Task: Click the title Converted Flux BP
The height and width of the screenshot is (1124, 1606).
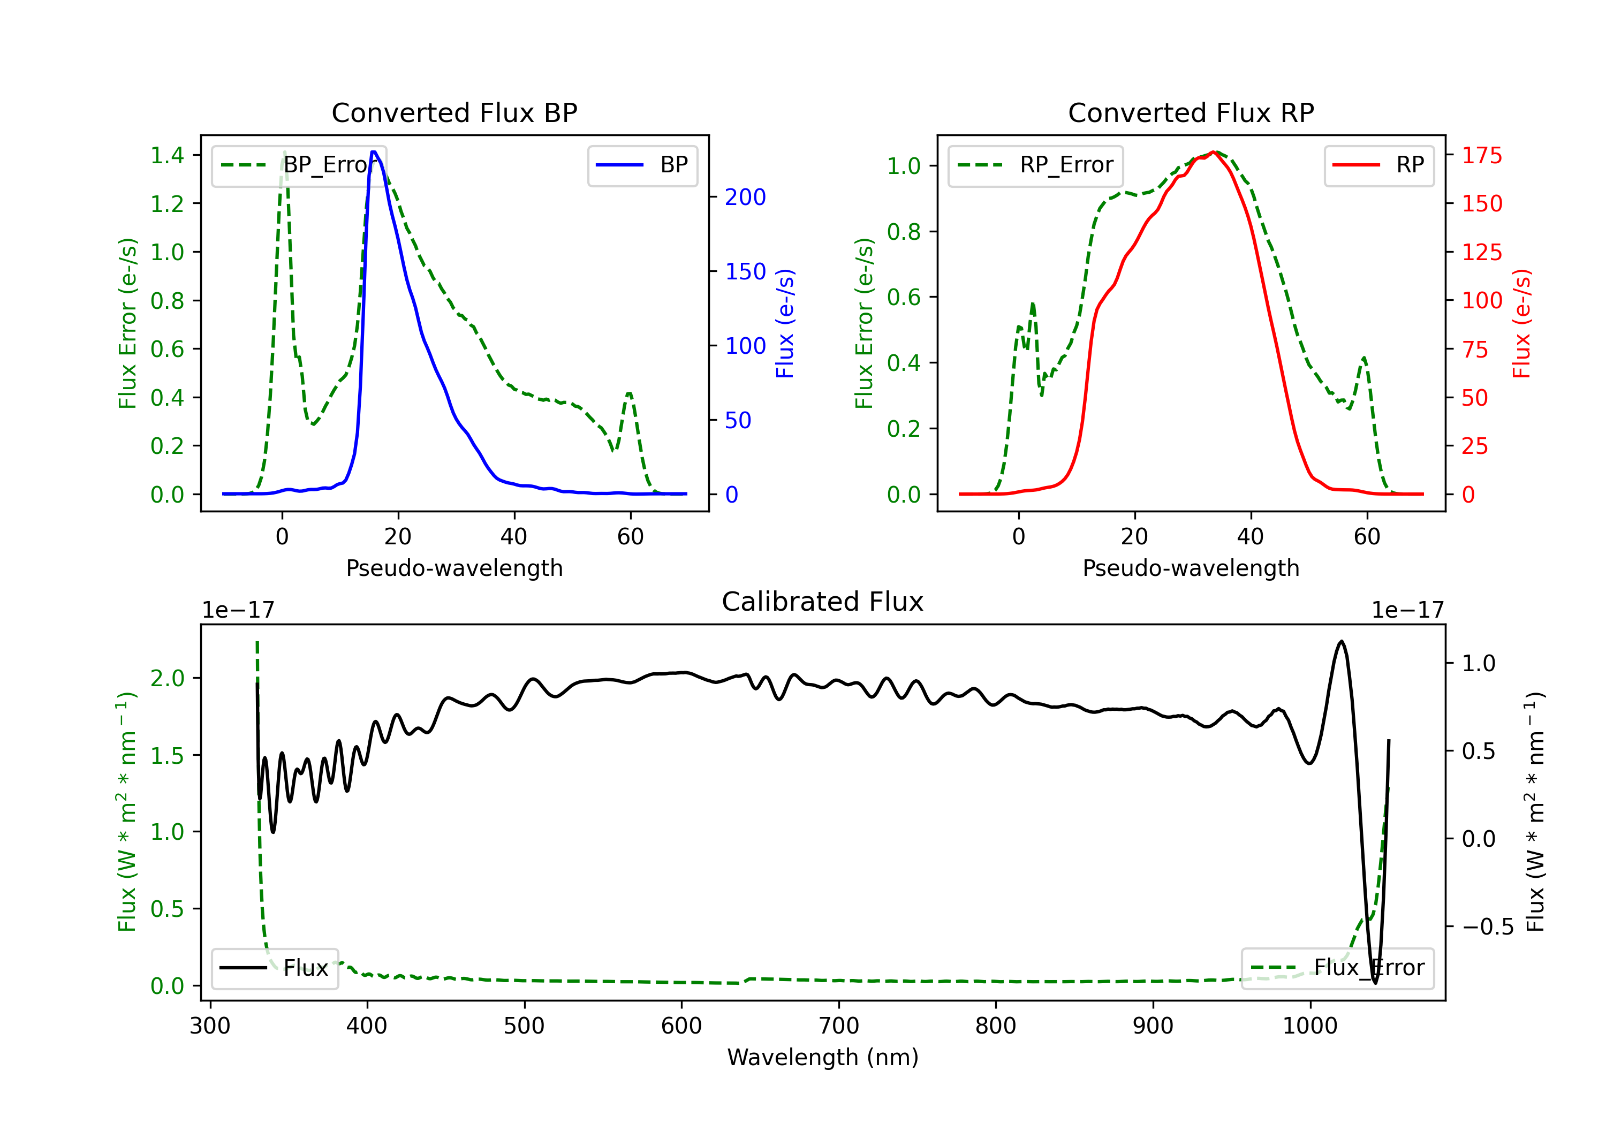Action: point(454,112)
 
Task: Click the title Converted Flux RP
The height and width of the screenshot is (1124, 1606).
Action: point(1191,112)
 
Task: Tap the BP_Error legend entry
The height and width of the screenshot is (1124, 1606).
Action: point(299,165)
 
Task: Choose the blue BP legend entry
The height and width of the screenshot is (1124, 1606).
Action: point(642,165)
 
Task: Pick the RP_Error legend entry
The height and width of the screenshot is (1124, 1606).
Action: point(1035,165)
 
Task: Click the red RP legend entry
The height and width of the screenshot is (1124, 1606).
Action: point(1378,165)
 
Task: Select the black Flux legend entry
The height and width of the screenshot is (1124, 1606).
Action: point(274,968)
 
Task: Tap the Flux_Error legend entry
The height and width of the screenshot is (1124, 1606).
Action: point(1337,968)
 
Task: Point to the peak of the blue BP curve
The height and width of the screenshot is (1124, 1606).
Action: point(374,152)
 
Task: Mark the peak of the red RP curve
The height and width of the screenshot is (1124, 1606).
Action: point(1214,152)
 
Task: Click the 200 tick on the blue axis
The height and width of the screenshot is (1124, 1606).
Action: point(745,198)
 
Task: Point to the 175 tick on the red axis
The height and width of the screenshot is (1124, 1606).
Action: point(1481,155)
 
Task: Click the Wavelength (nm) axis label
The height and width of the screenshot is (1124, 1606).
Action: point(823,1057)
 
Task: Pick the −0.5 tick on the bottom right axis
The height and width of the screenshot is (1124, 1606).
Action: point(1487,926)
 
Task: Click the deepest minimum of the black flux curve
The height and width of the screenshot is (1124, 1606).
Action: point(1375,983)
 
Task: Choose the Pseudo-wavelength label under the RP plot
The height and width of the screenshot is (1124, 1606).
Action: point(1191,568)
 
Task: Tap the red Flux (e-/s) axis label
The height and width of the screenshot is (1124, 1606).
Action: point(1521,323)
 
